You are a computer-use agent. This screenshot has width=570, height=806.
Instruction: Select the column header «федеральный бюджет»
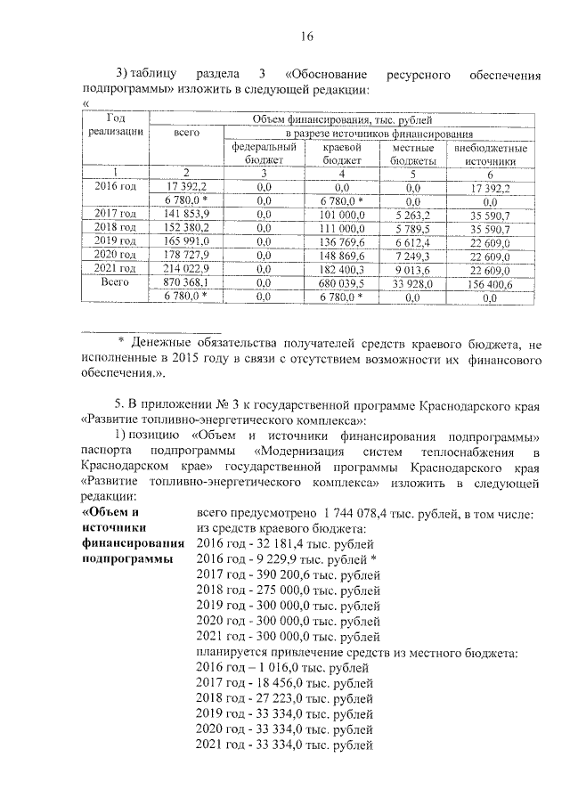click(263, 154)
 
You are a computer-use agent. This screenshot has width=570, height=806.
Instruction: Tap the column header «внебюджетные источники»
click(491, 154)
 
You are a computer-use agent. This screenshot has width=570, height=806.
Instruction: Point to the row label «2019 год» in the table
click(116, 241)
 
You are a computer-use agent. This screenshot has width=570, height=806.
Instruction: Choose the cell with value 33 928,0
click(412, 281)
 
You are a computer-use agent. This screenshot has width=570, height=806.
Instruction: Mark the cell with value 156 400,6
click(491, 281)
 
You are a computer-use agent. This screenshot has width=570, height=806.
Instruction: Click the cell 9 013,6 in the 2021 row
click(412, 268)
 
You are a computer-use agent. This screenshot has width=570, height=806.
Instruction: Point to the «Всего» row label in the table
click(116, 281)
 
